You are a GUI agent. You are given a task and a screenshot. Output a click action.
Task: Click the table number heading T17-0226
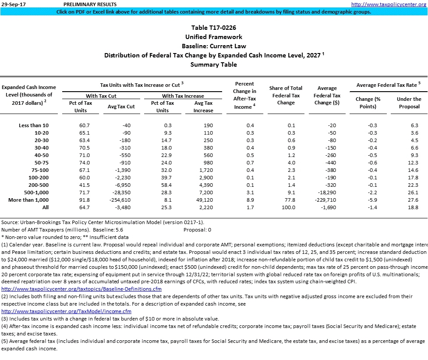pos(214,28)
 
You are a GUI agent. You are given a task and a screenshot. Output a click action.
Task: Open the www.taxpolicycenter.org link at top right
pos(389,4)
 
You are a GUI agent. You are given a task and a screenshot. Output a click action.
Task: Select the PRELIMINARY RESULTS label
pos(85,4)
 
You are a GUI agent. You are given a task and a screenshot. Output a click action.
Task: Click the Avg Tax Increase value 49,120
pos(204,200)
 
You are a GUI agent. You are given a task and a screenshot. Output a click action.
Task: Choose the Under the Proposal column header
pos(409,103)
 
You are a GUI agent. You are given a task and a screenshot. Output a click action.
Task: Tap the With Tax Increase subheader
pos(183,96)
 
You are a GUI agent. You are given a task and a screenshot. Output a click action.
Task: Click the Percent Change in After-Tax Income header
pos(244,95)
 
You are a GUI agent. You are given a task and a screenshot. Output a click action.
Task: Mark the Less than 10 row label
pos(33,125)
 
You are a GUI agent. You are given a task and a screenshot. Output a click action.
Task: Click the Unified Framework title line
pos(214,37)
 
